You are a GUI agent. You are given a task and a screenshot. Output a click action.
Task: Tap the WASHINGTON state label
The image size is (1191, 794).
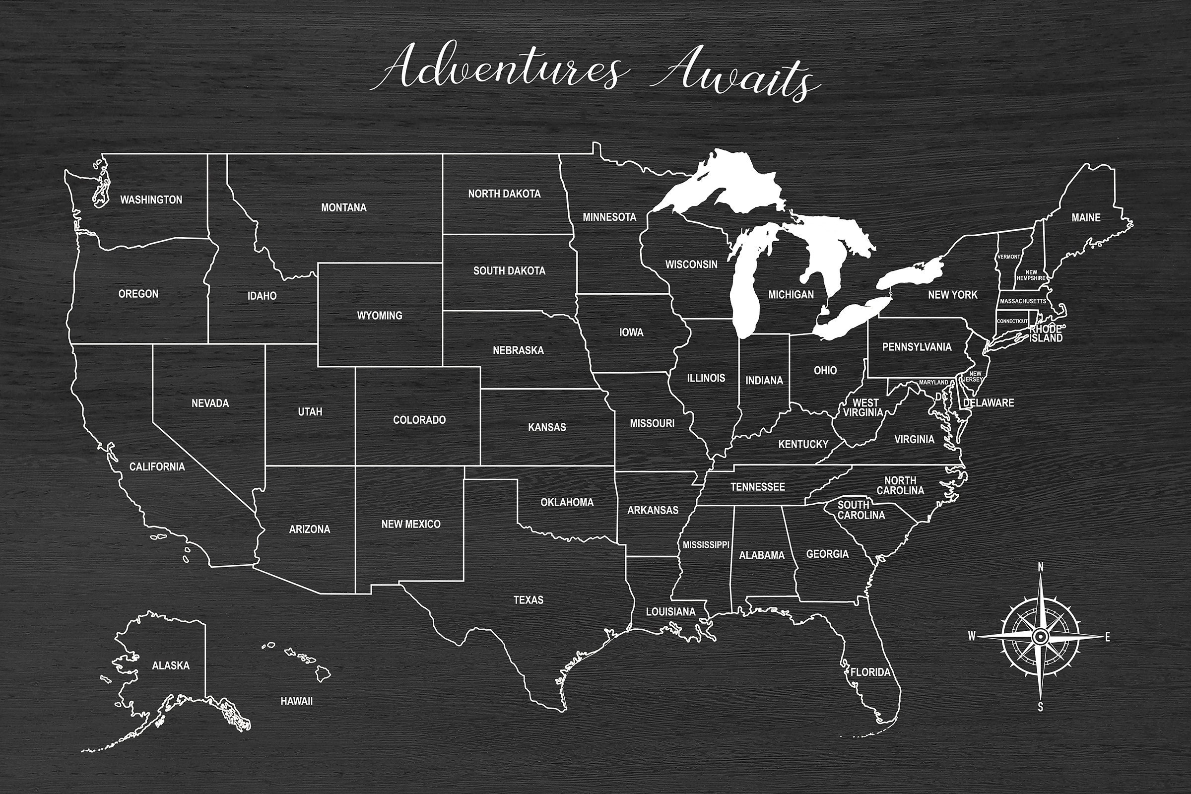coord(151,199)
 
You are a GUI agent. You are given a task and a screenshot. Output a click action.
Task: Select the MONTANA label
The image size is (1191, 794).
coord(344,207)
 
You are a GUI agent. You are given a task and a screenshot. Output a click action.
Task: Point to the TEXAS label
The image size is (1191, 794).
coord(528,600)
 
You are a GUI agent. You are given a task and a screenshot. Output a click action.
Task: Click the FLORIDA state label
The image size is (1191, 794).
coord(870,672)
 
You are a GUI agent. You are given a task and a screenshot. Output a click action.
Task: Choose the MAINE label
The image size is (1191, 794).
coord(1086,217)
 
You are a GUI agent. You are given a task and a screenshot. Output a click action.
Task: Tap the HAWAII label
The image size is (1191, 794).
coord(297,701)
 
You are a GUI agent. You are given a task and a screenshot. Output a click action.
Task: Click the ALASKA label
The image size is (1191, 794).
coord(171,665)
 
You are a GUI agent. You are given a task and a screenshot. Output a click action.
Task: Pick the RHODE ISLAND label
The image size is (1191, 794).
coord(1046,333)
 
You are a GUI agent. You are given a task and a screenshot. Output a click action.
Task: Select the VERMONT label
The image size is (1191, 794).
coord(1008,257)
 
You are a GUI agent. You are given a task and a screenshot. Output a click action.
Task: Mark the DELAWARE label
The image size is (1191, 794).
coord(989,402)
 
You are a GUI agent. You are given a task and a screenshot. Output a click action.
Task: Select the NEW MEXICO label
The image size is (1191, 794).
coord(411,524)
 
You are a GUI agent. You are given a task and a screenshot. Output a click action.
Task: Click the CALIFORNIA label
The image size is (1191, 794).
coord(157,466)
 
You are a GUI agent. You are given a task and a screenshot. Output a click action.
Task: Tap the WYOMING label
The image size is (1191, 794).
coord(380,316)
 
